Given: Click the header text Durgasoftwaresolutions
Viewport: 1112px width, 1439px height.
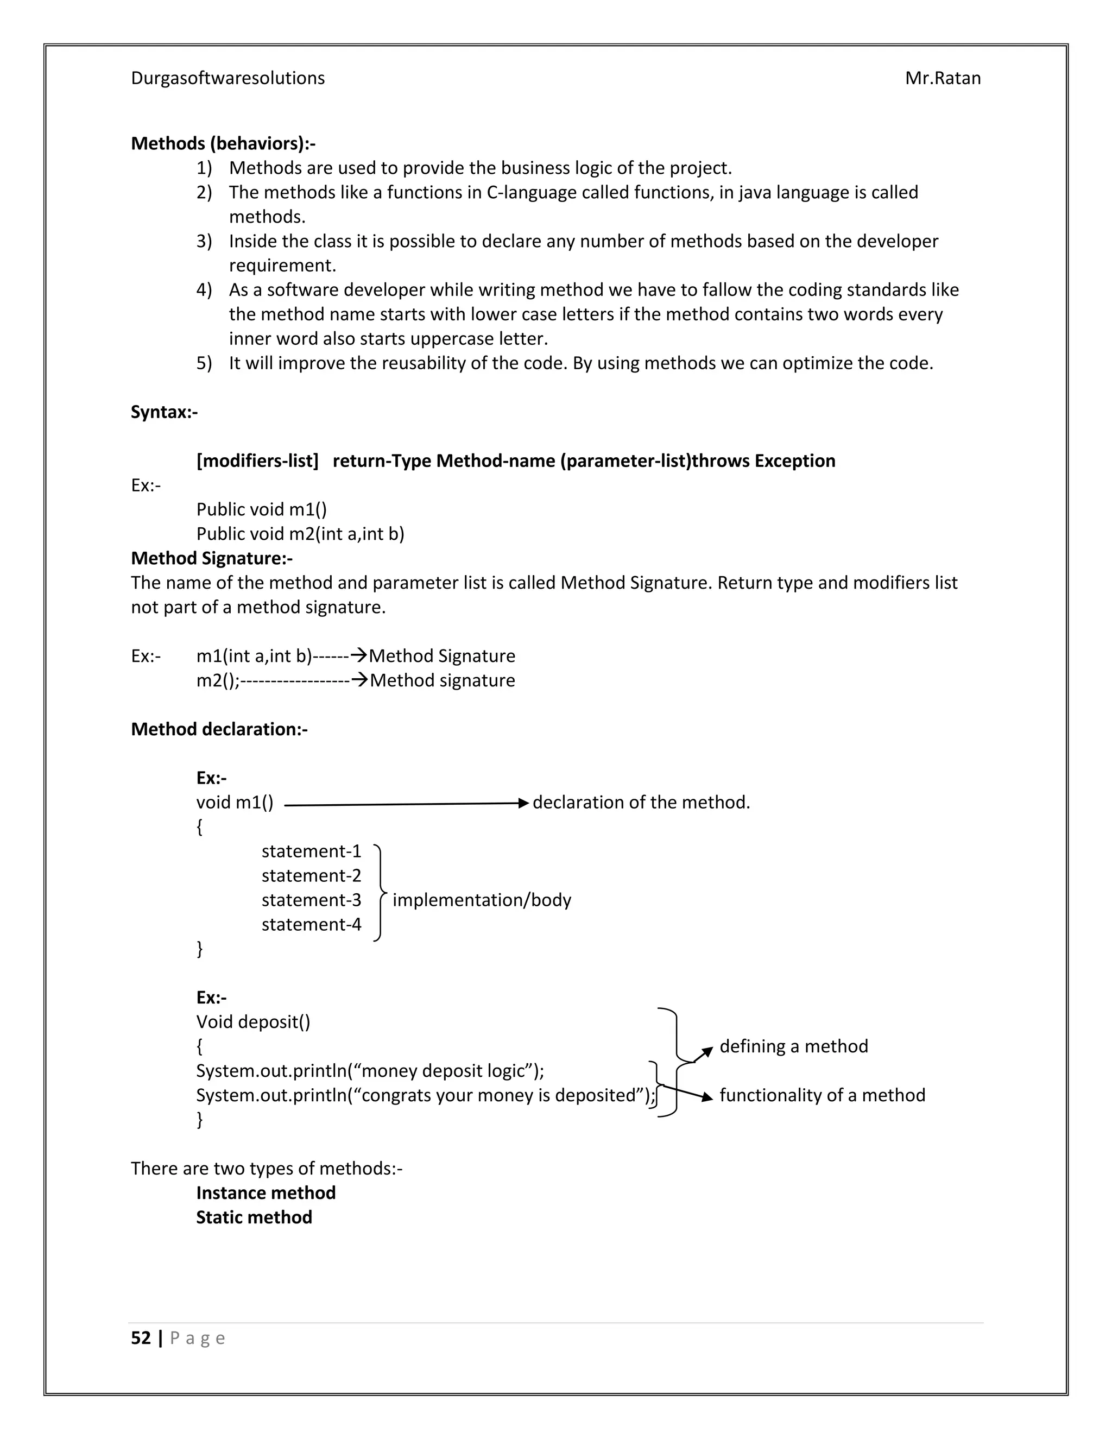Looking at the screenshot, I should click(x=228, y=78).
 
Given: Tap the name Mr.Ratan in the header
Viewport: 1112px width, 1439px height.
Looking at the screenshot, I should click(x=942, y=78).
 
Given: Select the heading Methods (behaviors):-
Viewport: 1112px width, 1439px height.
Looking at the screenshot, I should click(x=223, y=144).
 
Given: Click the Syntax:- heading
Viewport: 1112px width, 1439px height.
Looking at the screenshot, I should click(x=164, y=413).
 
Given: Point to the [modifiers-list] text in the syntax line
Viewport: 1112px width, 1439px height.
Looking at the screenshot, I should click(x=257, y=461).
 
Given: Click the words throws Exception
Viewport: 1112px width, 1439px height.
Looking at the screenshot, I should click(x=763, y=461).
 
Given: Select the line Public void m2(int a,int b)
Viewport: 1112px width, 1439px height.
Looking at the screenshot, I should click(x=300, y=534).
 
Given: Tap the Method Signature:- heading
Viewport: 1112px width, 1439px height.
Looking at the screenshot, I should click(x=211, y=559).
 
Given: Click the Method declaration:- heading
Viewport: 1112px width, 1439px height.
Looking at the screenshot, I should click(x=219, y=729).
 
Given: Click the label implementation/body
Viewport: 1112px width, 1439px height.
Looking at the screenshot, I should click(x=482, y=900).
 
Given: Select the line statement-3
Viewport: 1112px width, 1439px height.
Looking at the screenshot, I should click(x=311, y=900).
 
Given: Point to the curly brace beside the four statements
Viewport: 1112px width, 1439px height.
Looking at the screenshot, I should click(x=379, y=893).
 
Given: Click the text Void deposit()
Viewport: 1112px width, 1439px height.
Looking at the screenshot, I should click(x=253, y=1022).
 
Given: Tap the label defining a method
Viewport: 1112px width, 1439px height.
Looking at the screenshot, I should click(x=793, y=1046).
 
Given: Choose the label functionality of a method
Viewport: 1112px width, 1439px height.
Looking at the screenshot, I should click(x=822, y=1095).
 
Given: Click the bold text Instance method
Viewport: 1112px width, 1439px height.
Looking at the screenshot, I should click(x=266, y=1192).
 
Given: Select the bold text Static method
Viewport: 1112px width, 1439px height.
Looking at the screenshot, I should click(x=254, y=1217).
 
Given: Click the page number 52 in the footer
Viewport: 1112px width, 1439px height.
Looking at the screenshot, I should click(x=141, y=1338).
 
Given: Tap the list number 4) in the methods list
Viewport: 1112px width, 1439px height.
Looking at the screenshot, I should click(x=204, y=291).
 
